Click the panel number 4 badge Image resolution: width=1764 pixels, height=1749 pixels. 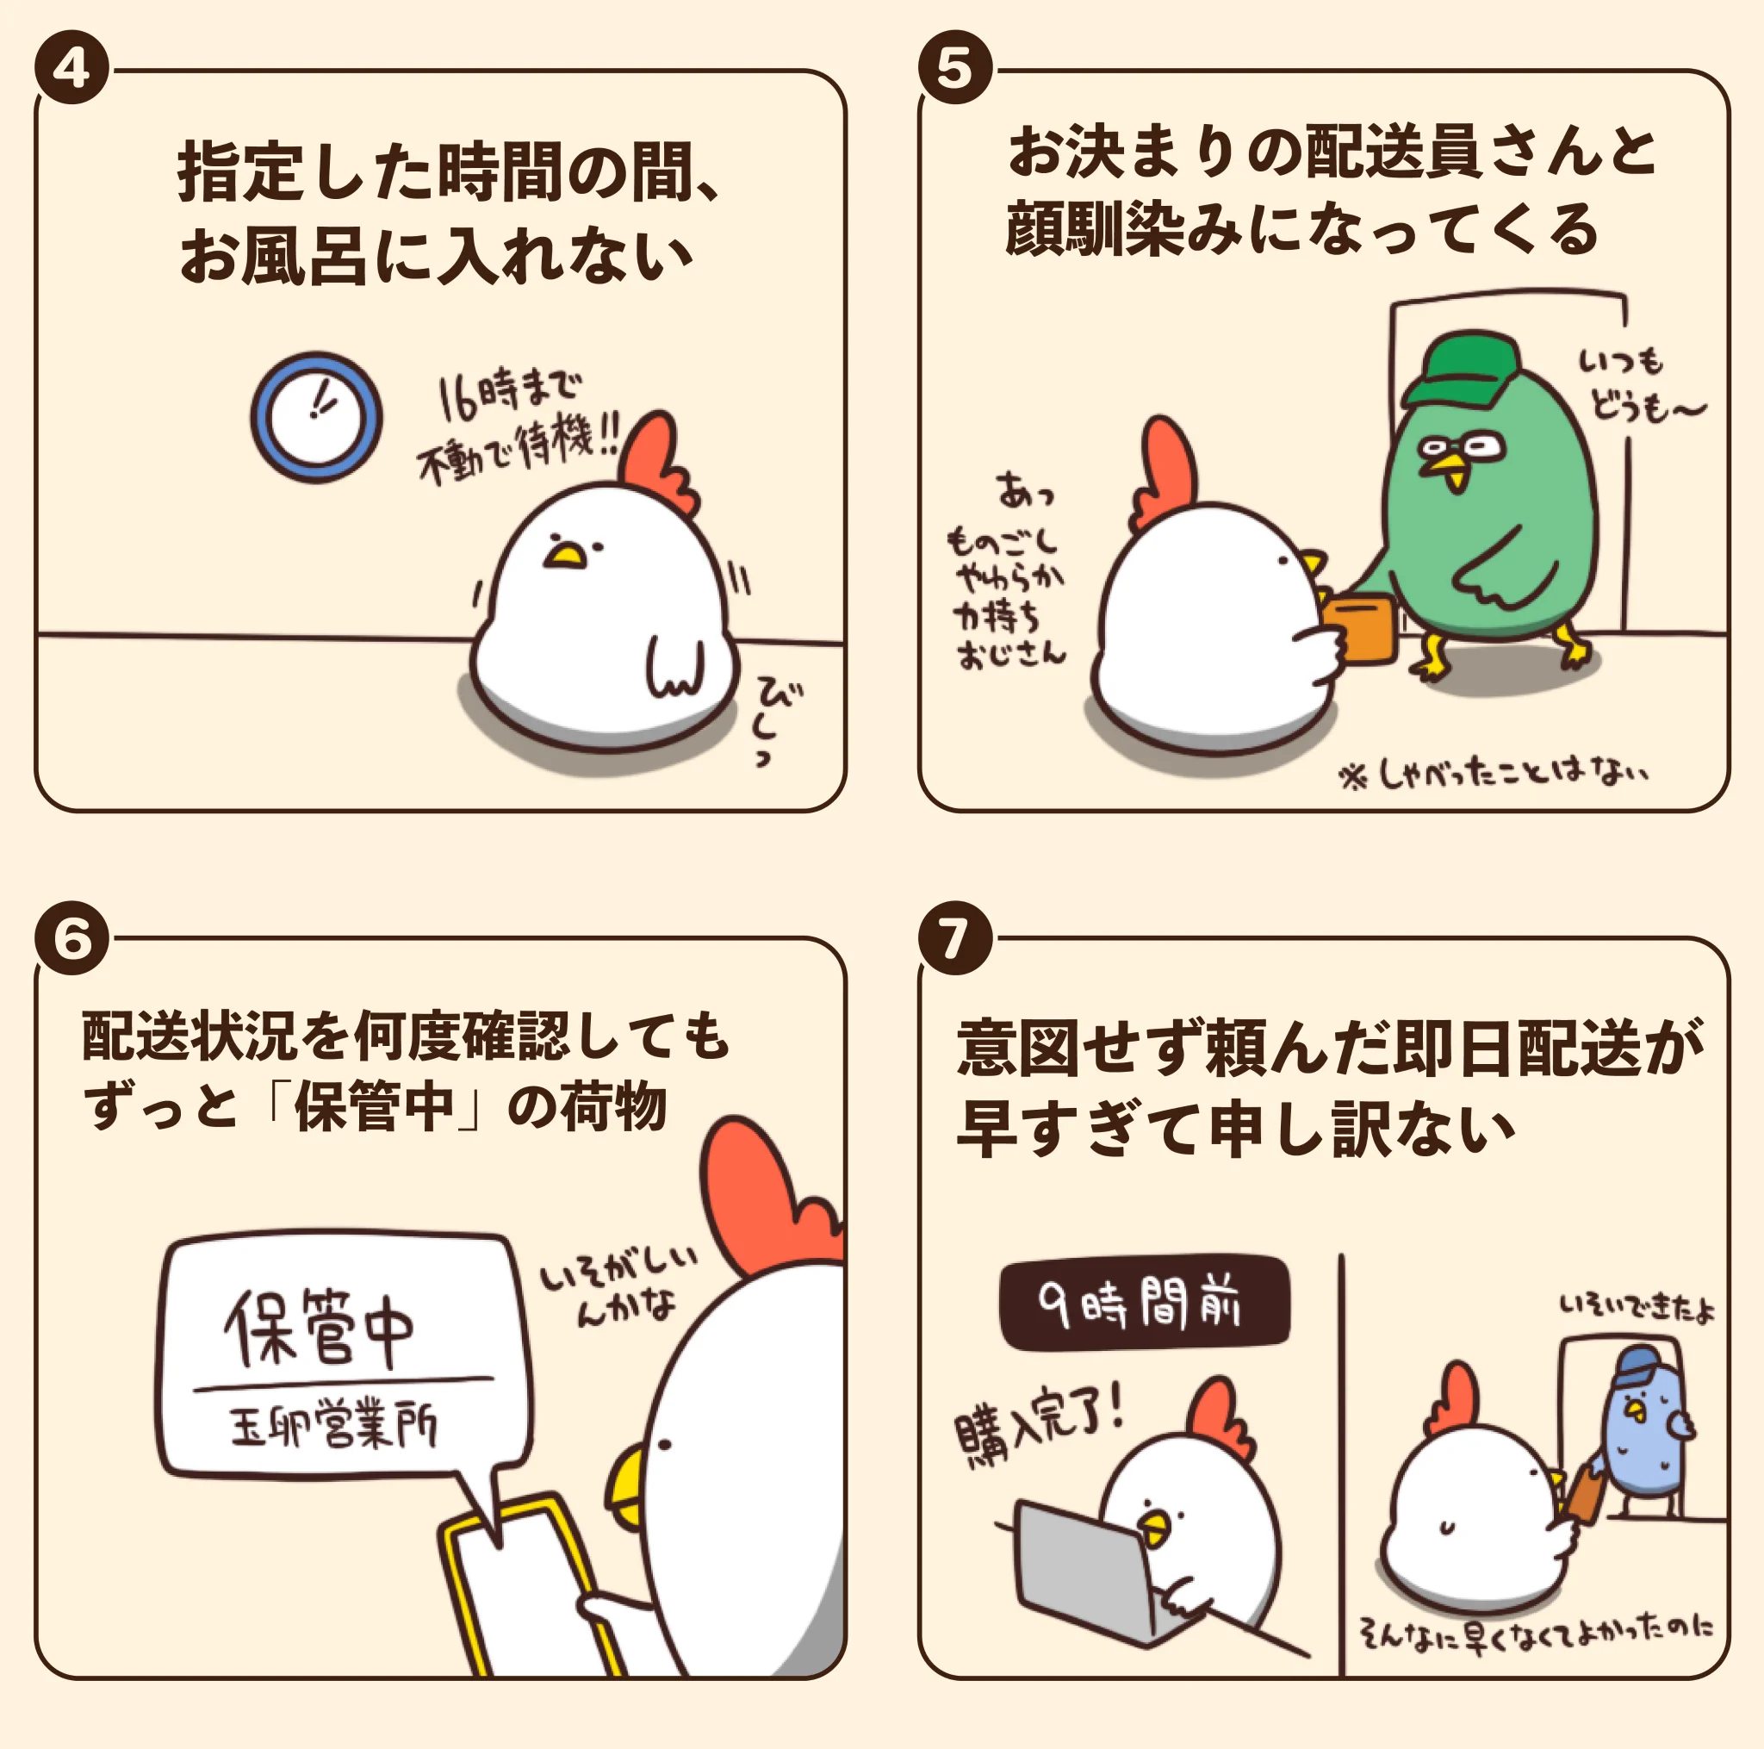click(x=71, y=69)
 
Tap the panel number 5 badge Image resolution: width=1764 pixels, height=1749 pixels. click(x=955, y=69)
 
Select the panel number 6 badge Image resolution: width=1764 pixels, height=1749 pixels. click(x=71, y=938)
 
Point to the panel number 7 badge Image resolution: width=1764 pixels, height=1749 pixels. click(x=955, y=938)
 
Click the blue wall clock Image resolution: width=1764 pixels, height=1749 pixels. click(x=316, y=417)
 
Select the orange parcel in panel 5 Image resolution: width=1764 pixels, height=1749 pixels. click(x=1359, y=630)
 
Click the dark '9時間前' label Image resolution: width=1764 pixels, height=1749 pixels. click(x=1144, y=1303)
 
